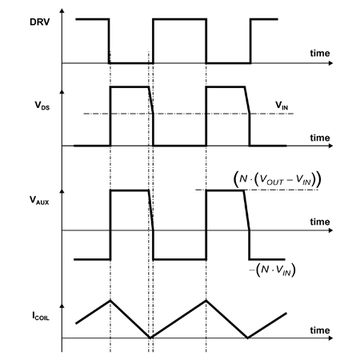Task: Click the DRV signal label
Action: tap(39, 22)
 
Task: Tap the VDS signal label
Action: tap(42, 106)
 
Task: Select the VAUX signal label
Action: tap(39, 200)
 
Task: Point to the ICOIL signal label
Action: tap(41, 316)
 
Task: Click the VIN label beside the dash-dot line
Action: tap(282, 106)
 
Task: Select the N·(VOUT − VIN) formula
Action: tap(277, 180)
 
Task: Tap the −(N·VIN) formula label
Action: tap(272, 270)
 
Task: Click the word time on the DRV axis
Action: tap(320, 53)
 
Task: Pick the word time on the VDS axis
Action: tap(320, 138)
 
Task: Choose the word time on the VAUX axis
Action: tap(320, 222)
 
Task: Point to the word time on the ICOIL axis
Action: tap(320, 330)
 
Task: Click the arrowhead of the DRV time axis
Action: tap(331, 63)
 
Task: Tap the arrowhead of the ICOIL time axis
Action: tap(331, 338)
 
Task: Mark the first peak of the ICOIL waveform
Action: tap(110, 300)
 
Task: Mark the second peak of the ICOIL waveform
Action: tap(206, 300)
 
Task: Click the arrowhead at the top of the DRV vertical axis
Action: tap(62, 10)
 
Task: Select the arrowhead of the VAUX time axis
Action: tap(331, 230)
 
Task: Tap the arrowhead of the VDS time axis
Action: tap(331, 146)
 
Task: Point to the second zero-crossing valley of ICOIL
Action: tap(248, 338)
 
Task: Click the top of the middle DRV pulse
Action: tap(179, 19)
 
